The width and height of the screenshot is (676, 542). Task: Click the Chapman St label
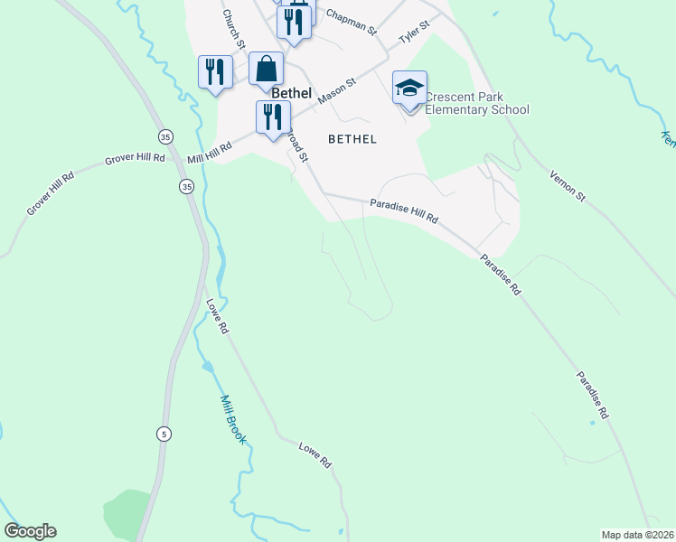tap(351, 22)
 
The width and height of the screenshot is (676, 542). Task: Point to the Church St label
tap(232, 30)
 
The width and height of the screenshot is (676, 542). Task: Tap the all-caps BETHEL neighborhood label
tap(352, 139)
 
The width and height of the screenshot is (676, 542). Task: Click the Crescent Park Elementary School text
tap(476, 104)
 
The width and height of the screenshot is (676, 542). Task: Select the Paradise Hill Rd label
tap(404, 212)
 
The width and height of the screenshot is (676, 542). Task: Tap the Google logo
tap(30, 531)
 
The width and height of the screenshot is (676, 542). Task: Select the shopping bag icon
tap(266, 68)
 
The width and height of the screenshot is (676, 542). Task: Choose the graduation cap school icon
tap(409, 89)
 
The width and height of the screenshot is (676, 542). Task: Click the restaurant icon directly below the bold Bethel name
tap(272, 117)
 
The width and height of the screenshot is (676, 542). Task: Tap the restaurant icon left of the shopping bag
tap(215, 71)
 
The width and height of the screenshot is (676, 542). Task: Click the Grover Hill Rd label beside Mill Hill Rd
tap(135, 157)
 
